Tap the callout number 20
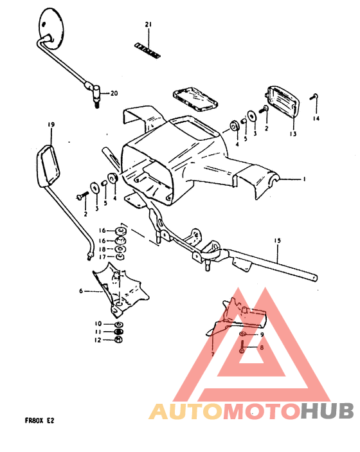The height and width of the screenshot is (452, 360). coord(114,93)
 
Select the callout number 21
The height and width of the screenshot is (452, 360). coord(148,25)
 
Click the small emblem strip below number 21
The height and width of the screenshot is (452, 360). coord(147,48)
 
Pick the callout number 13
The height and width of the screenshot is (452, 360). coord(292,134)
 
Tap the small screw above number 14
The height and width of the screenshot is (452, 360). coord(314,96)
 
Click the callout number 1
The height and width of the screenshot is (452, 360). coord(305,179)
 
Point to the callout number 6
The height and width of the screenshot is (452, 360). coord(82,291)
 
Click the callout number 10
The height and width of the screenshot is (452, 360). coord(99,323)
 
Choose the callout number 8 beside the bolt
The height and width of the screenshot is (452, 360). coord(262,348)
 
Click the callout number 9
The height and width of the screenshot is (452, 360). coord(262,335)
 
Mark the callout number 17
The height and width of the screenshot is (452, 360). coord(102,257)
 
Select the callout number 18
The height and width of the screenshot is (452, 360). coord(102,248)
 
